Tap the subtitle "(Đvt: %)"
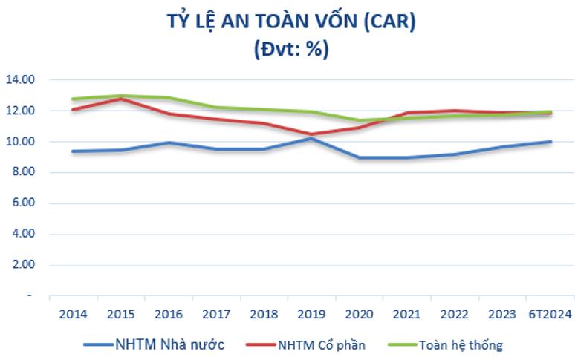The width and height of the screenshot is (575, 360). [x=290, y=50]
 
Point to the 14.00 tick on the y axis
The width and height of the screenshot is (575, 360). [x=22, y=79]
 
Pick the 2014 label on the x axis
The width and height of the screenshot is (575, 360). [x=72, y=314]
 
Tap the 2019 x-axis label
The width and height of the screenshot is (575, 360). [x=311, y=314]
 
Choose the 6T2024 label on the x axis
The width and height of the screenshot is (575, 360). [x=549, y=314]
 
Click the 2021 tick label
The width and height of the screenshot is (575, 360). [x=407, y=314]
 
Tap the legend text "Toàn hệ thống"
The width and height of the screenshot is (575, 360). [x=461, y=344]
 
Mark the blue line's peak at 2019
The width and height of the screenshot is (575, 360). [x=311, y=138]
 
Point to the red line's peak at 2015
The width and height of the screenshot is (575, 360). [x=120, y=98]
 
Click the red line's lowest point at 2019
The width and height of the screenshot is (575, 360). [x=311, y=134]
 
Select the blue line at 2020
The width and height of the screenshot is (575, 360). [x=360, y=157]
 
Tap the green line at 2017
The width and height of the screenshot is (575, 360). [x=215, y=108]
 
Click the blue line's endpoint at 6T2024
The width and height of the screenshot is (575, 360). [x=550, y=141]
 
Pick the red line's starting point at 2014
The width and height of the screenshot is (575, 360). [x=72, y=109]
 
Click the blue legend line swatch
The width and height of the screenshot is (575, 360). [x=98, y=344]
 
